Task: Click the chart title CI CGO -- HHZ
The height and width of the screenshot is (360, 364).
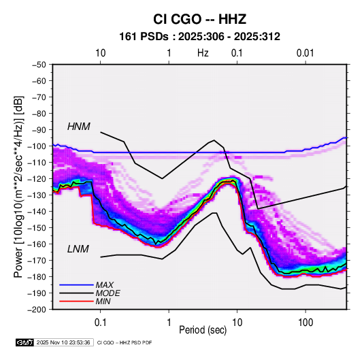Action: click(x=199, y=19)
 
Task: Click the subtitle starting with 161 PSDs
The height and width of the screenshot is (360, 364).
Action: click(x=199, y=37)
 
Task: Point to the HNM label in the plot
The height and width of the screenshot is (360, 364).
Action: click(x=79, y=127)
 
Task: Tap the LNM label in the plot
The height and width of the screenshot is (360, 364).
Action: click(x=78, y=249)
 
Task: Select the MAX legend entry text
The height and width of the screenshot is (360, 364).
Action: click(x=105, y=285)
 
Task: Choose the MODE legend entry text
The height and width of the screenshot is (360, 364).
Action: click(x=107, y=293)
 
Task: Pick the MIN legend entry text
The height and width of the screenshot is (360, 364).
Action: click(x=103, y=301)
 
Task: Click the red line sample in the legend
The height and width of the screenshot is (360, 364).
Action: click(x=76, y=301)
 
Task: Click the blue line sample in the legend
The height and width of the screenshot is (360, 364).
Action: click(x=76, y=284)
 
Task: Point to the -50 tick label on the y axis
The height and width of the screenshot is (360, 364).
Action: click(x=39, y=65)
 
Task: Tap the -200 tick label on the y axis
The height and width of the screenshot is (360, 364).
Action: click(x=37, y=310)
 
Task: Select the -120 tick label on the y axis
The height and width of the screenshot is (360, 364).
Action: click(x=37, y=179)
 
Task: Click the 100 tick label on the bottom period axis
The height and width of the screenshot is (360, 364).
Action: click(x=305, y=323)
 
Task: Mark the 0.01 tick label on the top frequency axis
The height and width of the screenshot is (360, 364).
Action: click(x=305, y=53)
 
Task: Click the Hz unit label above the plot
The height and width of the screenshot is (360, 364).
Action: click(x=203, y=53)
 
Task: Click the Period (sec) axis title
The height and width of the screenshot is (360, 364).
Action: click(x=203, y=330)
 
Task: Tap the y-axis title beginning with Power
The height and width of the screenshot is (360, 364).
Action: click(x=18, y=187)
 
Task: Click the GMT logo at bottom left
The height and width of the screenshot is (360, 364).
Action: click(x=25, y=342)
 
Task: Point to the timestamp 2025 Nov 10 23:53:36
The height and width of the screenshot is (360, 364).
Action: click(x=63, y=342)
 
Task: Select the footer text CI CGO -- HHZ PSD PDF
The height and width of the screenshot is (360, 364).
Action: click(x=125, y=343)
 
